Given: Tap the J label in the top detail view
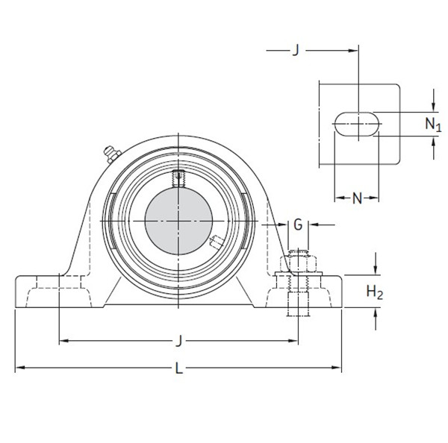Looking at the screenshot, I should (296, 50).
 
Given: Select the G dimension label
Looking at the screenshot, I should (298, 224).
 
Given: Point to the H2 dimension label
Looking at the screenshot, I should (375, 293).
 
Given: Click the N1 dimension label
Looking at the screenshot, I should (434, 124).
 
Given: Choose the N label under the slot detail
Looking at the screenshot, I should (357, 198).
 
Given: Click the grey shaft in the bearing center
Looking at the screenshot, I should (179, 221).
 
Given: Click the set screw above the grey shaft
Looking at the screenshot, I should (178, 178).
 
